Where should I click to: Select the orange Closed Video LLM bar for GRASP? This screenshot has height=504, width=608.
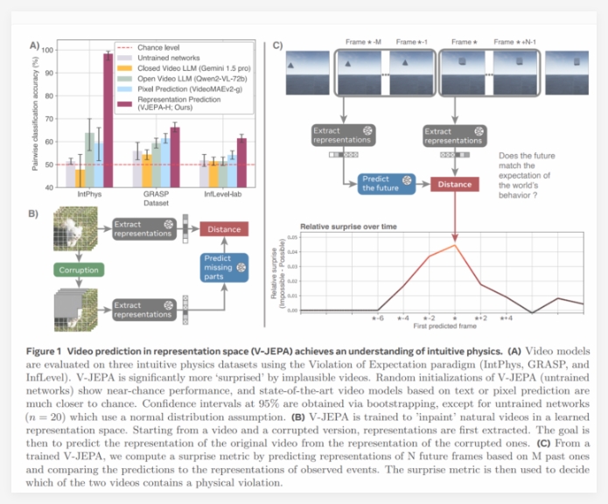(147, 171)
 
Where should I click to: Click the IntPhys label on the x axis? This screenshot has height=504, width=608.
(87, 195)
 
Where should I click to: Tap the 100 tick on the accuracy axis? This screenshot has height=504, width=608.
(45, 50)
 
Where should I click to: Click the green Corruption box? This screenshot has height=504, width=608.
(80, 270)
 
